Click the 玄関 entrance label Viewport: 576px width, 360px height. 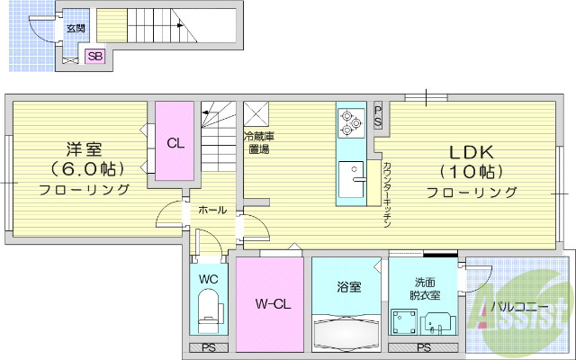point(75,29)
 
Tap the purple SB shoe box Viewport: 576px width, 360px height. point(94,57)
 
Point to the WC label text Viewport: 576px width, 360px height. point(208,279)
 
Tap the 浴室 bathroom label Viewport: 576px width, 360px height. point(349,287)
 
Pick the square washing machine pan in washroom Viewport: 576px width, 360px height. point(403,321)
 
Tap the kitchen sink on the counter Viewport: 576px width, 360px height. point(350,173)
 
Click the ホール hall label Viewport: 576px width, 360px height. point(211,210)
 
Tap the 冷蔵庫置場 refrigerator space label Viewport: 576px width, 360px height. point(258,143)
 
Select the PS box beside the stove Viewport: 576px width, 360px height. point(378,115)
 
